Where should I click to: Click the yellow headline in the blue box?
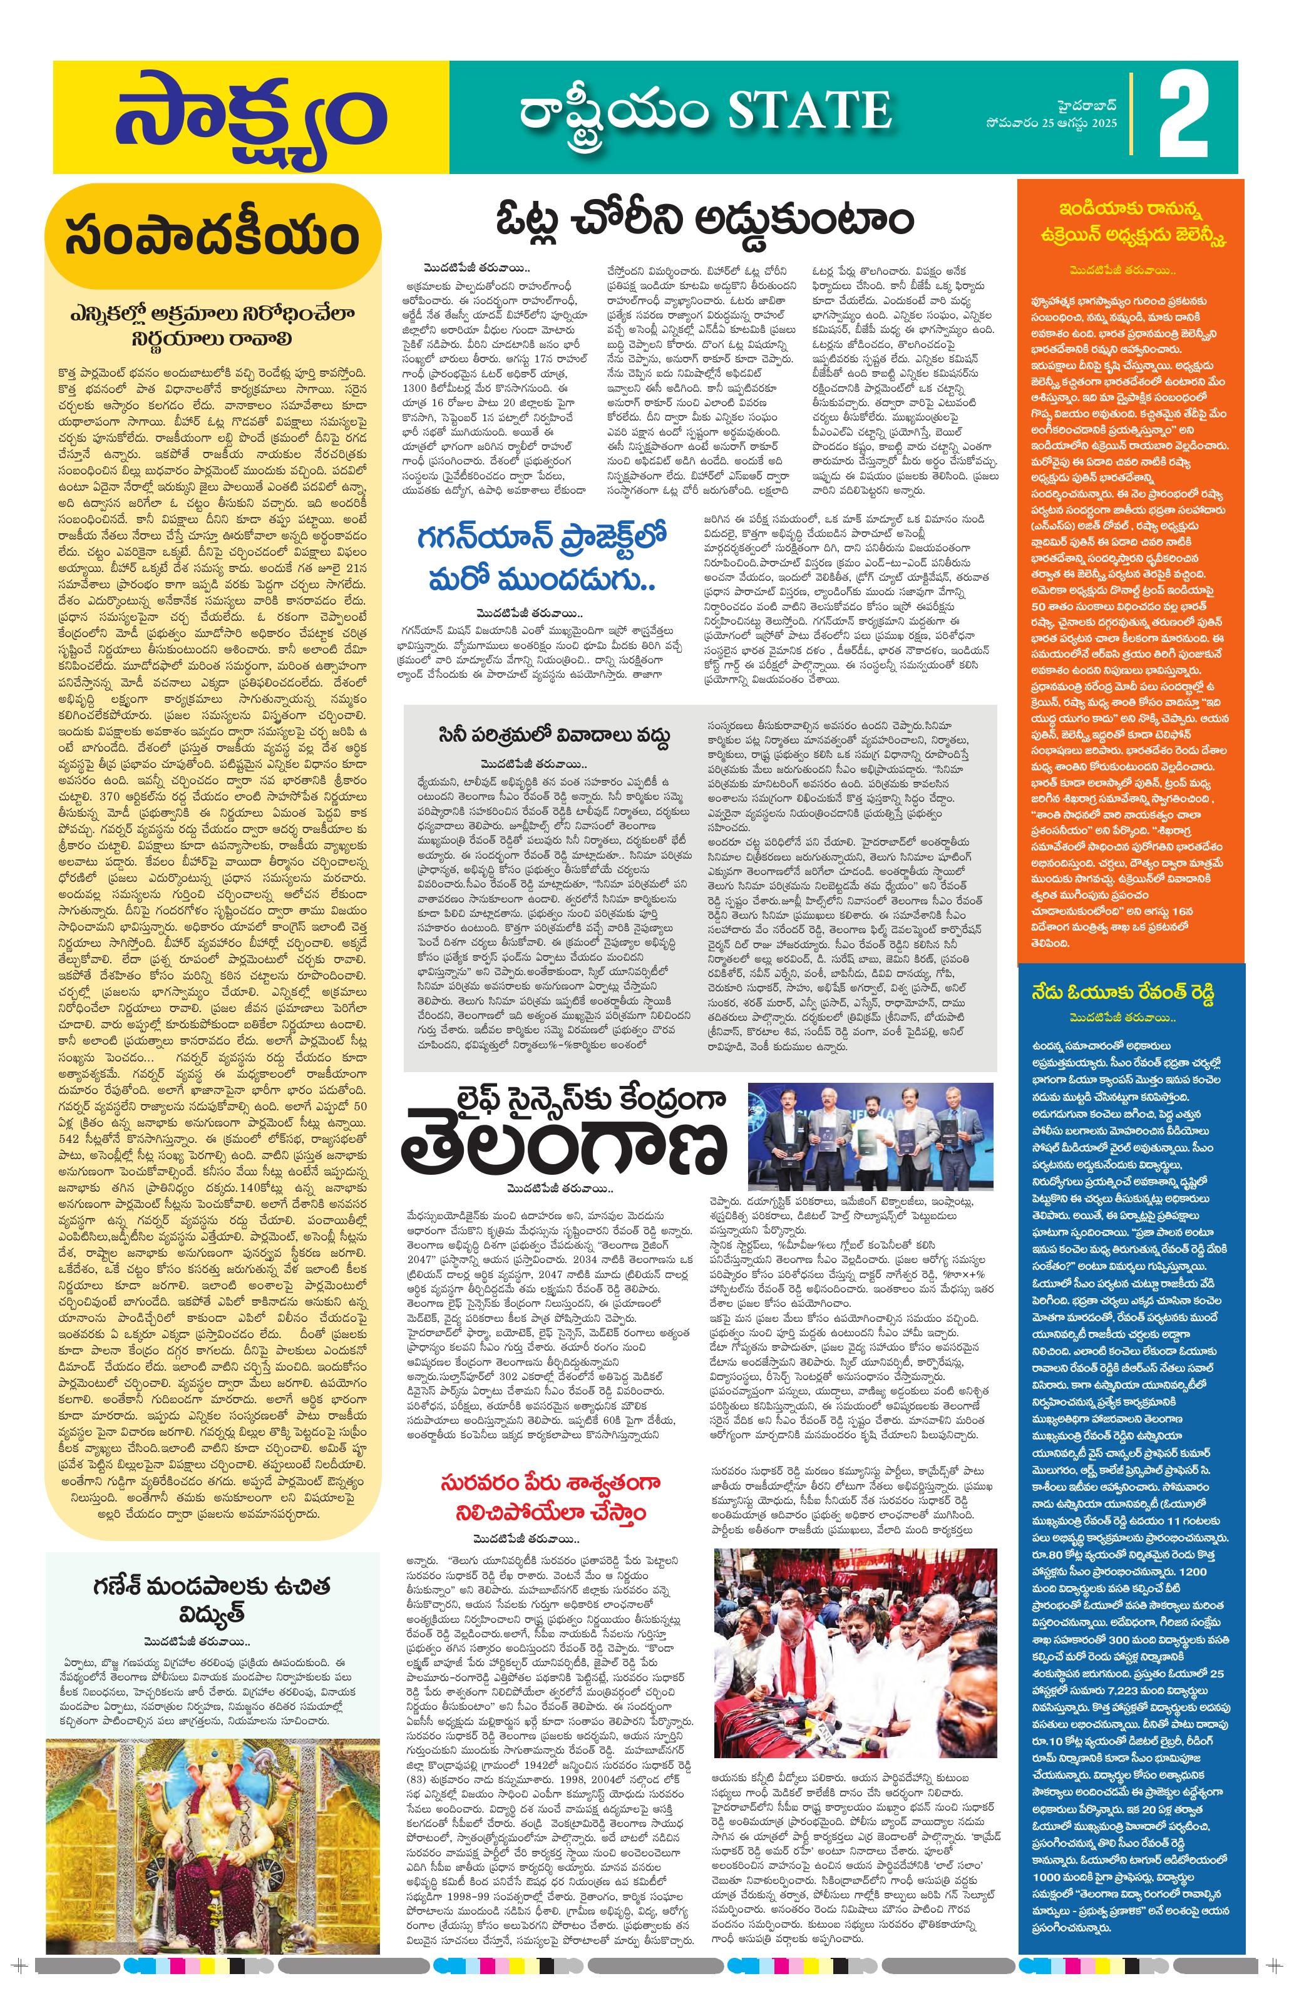pos(1123,992)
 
